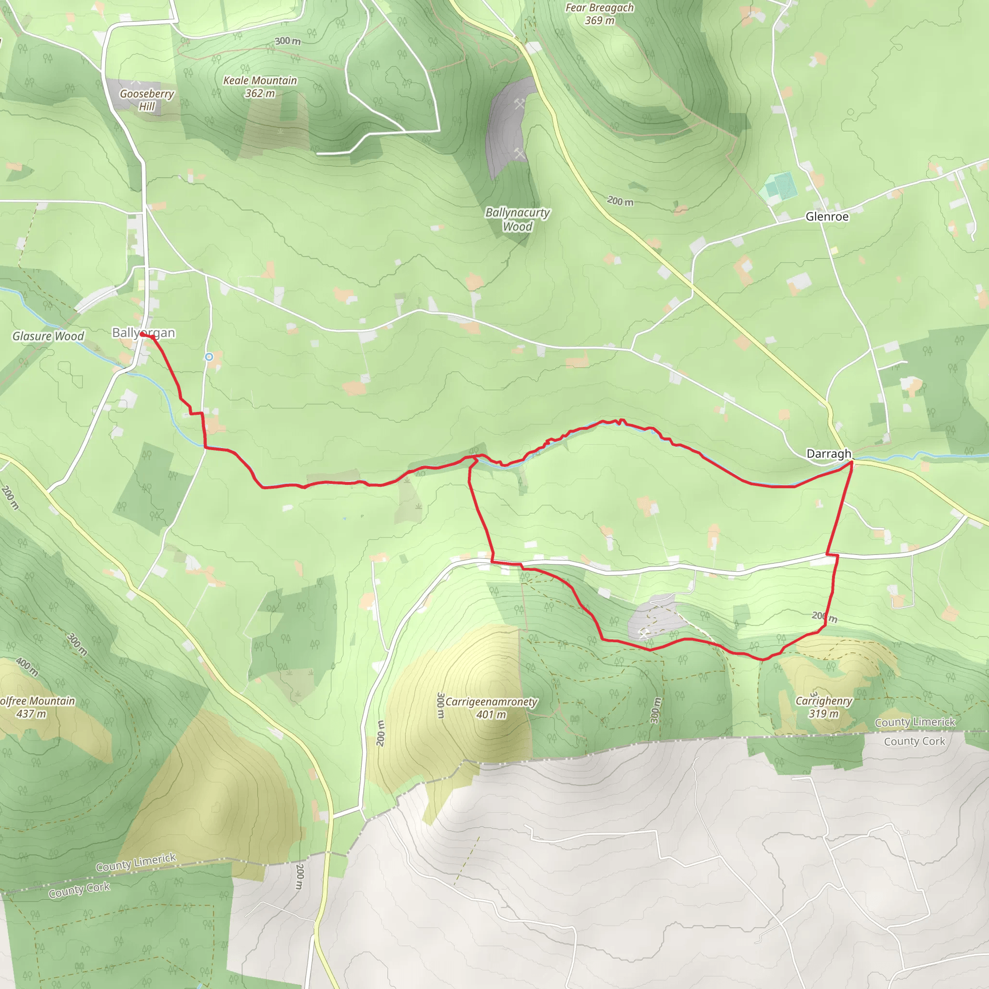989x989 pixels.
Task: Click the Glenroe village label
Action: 827,216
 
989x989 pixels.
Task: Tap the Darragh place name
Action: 828,453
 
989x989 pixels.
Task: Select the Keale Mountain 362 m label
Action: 260,86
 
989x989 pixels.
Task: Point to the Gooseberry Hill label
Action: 147,100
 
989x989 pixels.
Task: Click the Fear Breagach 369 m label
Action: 599,14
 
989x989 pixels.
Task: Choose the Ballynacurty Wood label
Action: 518,219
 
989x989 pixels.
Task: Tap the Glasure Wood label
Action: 48,336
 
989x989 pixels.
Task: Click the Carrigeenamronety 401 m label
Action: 491,708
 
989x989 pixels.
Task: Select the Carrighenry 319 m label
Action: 824,707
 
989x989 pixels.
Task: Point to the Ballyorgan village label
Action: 143,333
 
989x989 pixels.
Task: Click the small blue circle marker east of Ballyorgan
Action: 209,357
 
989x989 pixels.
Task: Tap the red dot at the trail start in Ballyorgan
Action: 142,335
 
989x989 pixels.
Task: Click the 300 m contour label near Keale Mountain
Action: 287,41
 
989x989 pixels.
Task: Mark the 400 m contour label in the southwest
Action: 27,666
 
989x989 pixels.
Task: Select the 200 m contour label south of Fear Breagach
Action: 620,201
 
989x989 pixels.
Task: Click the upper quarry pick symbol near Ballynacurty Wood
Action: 520,104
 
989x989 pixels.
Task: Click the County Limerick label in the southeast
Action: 915,722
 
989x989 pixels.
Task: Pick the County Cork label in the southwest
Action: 79,890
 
